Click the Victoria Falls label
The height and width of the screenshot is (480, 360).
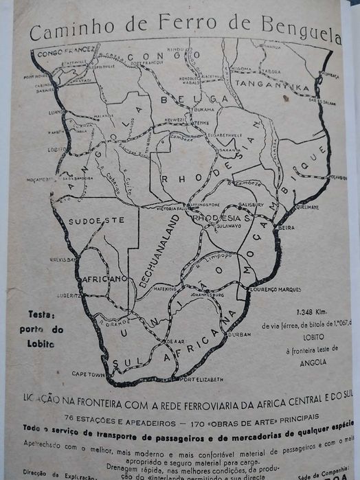158,208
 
